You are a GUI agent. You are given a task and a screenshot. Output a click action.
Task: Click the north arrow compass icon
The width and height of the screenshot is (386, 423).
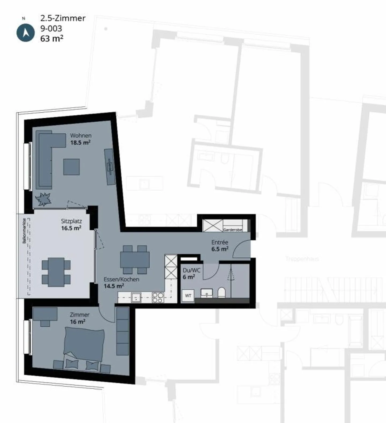click(25, 32)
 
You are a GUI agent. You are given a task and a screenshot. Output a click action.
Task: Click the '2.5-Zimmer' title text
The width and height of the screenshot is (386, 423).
click(63, 18)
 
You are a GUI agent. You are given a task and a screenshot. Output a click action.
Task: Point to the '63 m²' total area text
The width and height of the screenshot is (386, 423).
click(52, 39)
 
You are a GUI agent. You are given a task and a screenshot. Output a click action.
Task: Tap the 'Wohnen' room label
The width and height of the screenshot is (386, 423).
click(81, 136)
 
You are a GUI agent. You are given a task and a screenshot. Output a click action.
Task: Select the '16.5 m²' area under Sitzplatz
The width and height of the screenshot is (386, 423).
click(71, 228)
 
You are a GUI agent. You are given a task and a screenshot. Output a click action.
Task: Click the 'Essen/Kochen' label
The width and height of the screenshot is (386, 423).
click(121, 279)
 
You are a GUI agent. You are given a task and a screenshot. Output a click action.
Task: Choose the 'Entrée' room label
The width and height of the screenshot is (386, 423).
click(220, 242)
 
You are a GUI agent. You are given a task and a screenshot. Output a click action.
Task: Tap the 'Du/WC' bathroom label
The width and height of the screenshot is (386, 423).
click(191, 270)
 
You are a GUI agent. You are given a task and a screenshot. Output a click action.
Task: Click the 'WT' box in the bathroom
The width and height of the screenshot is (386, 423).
click(188, 296)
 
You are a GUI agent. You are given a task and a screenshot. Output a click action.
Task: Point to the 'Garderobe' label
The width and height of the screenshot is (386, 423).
click(232, 230)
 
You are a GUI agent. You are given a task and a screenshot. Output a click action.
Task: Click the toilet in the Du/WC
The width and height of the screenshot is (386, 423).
click(222, 293)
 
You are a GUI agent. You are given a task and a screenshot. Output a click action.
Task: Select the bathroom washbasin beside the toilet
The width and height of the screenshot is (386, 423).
click(207, 293)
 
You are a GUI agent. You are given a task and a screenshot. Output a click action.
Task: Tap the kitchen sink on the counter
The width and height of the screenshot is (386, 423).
click(136, 297)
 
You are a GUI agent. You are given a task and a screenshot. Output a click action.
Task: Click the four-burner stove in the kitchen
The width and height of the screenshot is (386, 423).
click(158, 297)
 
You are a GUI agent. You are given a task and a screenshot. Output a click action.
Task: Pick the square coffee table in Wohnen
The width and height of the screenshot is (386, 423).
click(72, 167)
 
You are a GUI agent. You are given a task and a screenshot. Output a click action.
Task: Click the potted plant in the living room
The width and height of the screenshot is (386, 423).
click(43, 199)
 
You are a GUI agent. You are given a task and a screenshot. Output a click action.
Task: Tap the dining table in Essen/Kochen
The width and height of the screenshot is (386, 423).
click(135, 260)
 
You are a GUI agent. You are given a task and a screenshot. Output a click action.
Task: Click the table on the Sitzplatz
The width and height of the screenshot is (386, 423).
click(56, 272)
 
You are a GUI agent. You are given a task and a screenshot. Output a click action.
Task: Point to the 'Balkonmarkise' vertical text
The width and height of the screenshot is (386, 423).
click(24, 231)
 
